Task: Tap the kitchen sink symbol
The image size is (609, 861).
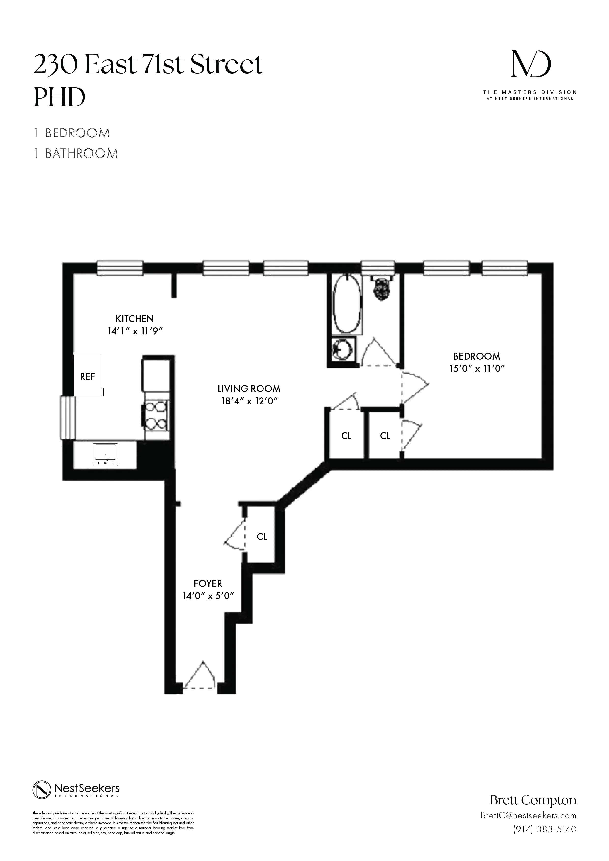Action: (105, 455)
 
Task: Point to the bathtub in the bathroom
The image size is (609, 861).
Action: (347, 304)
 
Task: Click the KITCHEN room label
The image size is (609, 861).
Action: (134, 319)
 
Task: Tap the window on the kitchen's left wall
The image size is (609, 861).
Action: (68, 417)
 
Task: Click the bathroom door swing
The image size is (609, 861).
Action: (377, 352)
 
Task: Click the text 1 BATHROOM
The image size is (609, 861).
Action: (76, 153)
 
